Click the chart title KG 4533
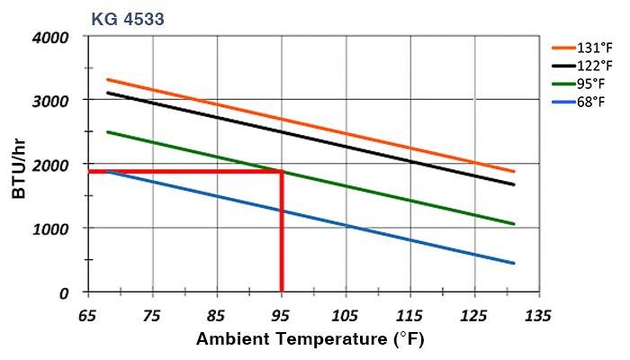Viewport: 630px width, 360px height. point(127,16)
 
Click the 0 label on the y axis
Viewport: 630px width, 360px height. point(64,292)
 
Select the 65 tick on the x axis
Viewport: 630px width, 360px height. point(88,317)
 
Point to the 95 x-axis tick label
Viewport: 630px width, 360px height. point(282,317)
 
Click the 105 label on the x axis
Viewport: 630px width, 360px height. point(346,317)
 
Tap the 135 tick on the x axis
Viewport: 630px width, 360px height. point(538,317)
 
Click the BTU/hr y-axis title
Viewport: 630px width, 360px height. point(19,166)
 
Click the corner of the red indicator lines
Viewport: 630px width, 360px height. point(282,171)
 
